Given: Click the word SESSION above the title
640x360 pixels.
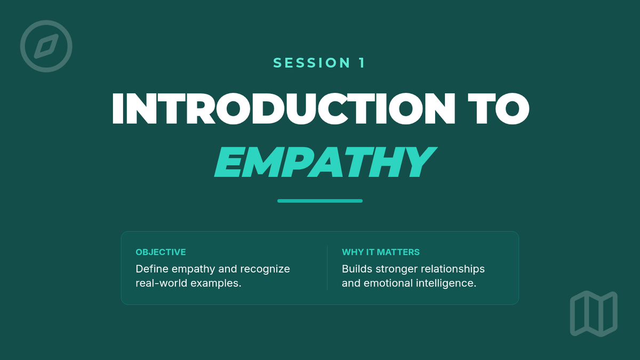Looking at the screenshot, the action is pos(311,63).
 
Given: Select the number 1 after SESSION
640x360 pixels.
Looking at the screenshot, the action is pos(362,63).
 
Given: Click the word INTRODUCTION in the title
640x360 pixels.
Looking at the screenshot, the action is pos(283,109).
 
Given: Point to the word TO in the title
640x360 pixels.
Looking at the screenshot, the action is pos(499,109).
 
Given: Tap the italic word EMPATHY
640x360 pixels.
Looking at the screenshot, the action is pos(325,162).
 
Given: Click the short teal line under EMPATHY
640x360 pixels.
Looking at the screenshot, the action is pos(320,201).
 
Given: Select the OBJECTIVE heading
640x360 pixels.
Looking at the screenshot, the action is pos(161,252).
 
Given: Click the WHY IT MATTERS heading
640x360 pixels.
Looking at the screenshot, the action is pos(381,252).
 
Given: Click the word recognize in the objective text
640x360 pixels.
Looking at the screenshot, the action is pos(265,269).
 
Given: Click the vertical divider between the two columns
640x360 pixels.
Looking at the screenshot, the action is pos(327,268).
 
